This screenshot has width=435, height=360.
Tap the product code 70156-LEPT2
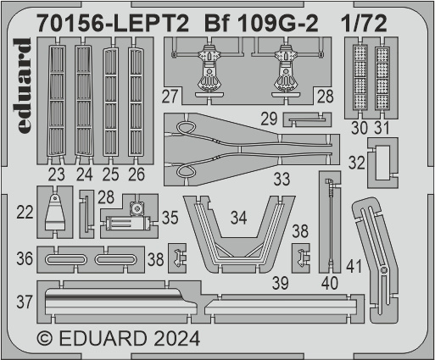point(113,24)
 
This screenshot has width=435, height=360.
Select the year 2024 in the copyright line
point(177,339)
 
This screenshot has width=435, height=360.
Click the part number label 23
point(56,174)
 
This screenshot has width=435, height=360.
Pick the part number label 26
point(137,174)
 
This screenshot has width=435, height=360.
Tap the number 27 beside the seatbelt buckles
point(170,97)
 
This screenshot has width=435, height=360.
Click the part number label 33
point(282,179)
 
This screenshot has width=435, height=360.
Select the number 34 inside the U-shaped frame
point(238,218)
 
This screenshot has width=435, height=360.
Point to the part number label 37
point(25,302)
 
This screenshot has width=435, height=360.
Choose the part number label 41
point(354,267)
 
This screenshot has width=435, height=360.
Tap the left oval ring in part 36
point(66,259)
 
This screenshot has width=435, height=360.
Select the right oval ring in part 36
point(116,259)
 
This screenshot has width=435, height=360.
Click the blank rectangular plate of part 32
point(382,163)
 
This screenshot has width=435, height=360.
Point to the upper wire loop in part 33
point(186,128)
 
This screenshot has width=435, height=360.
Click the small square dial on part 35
point(137,209)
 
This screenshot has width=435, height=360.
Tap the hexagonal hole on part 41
point(383,270)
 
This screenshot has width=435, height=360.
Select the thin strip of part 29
point(306,119)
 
